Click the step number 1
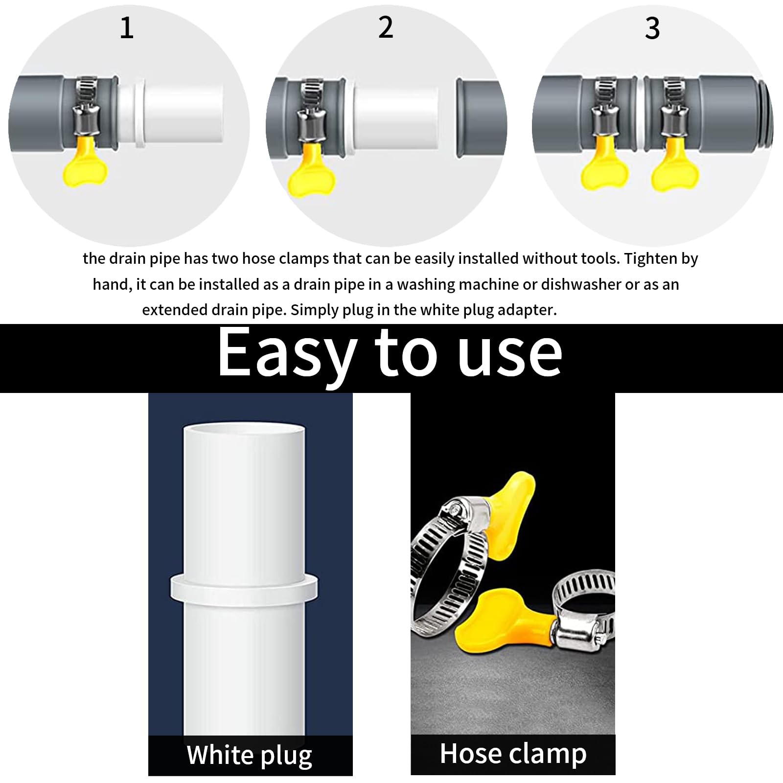[x=127, y=28]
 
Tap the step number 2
[x=386, y=27]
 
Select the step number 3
[x=652, y=28]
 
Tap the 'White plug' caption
[x=250, y=755]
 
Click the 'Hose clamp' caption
[x=513, y=754]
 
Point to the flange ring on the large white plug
[x=244, y=588]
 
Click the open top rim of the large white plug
[x=244, y=429]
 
